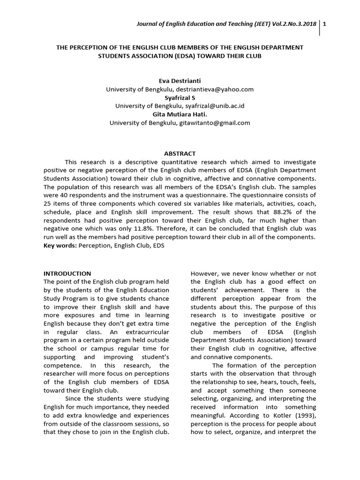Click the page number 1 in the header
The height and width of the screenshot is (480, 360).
point(325,25)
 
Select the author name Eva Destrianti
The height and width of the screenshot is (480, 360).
point(180,81)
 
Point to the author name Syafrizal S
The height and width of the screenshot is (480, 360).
point(180,97)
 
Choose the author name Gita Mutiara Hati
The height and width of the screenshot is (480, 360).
point(180,114)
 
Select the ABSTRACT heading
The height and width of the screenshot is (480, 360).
point(180,153)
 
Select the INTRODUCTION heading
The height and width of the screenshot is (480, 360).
point(67,273)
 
